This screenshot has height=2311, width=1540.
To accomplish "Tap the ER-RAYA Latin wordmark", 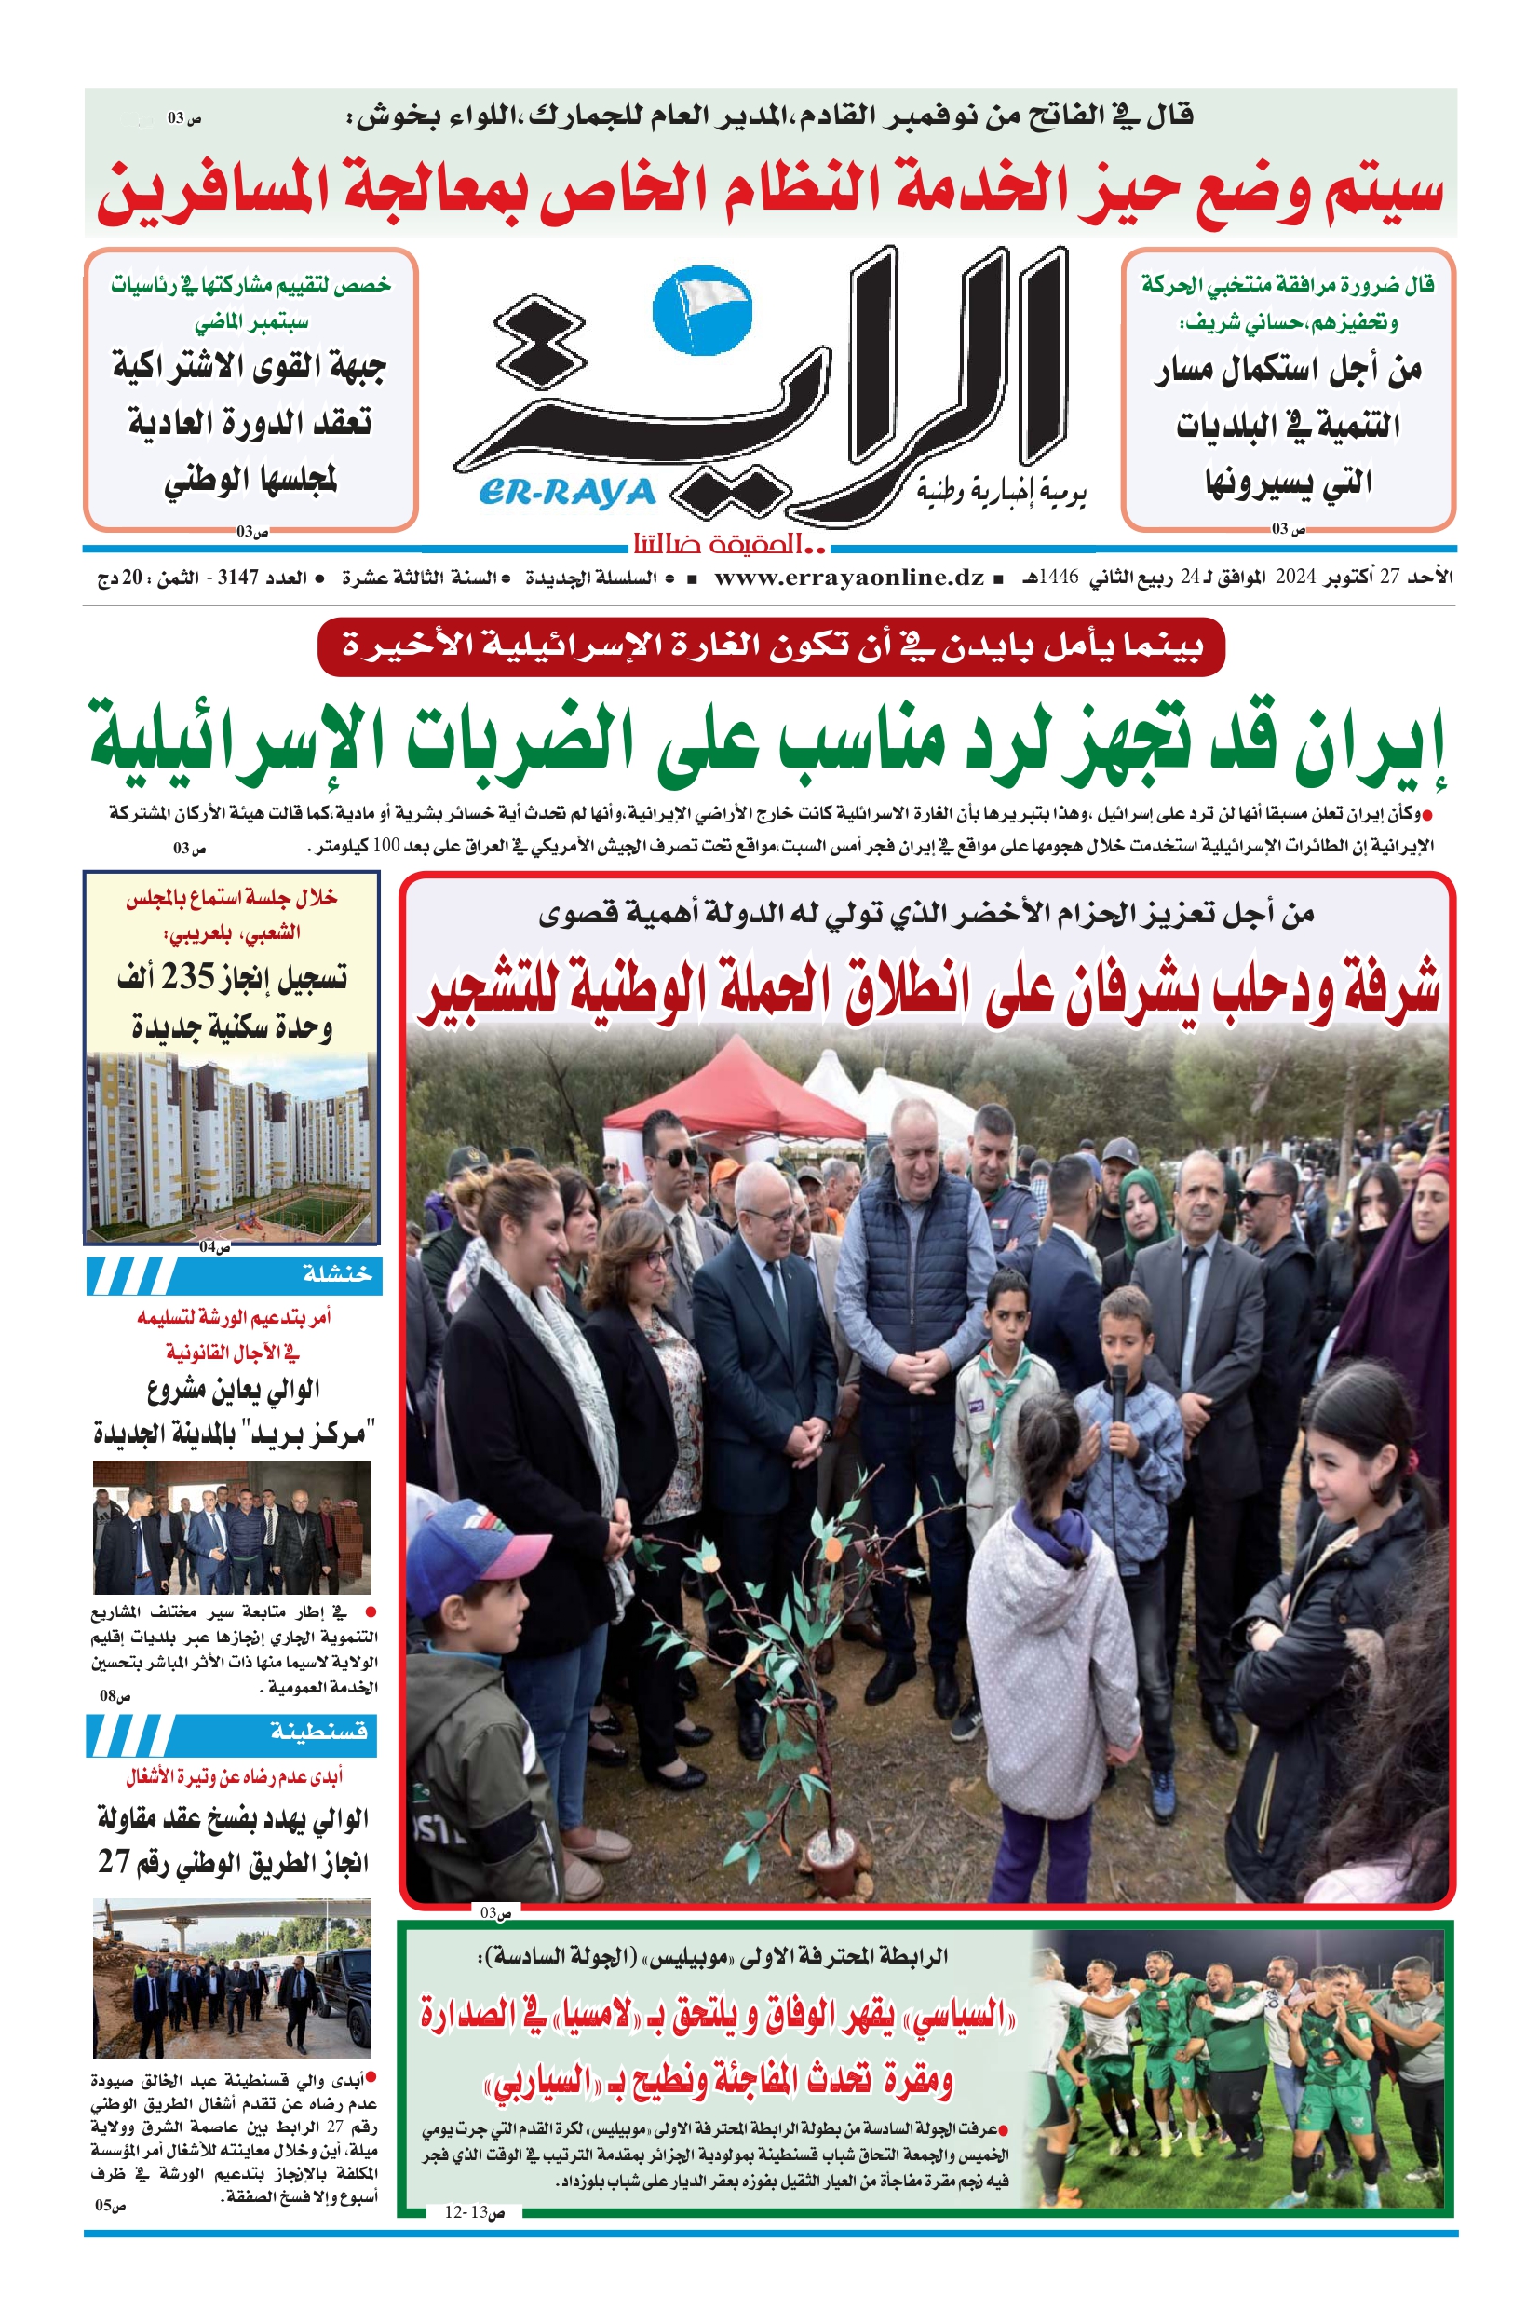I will click(x=568, y=492).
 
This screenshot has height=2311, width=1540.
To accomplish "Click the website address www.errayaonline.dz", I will click(x=848, y=578).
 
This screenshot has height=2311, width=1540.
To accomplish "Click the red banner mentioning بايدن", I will click(x=771, y=646).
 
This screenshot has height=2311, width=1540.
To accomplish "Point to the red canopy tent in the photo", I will click(x=734, y=1091).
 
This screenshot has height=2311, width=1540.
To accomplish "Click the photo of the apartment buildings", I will click(x=231, y=1147).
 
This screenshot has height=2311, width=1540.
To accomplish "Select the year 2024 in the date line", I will click(x=1294, y=578).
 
